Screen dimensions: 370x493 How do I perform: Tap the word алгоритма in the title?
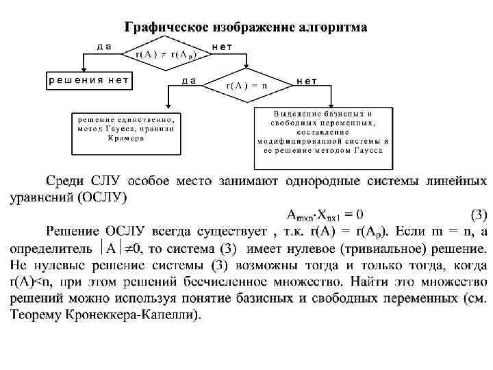pyautogui.click(x=332, y=27)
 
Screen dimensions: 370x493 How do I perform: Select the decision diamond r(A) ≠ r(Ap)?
pyautogui.click(x=164, y=54)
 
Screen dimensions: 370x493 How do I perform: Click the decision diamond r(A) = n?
pyautogui.click(x=246, y=86)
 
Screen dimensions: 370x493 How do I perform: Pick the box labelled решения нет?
pyautogui.click(x=88, y=80)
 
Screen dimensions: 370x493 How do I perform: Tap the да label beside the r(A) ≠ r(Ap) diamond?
pyautogui.click(x=104, y=46)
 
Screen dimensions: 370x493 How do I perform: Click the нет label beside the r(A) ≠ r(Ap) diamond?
pyautogui.click(x=222, y=46)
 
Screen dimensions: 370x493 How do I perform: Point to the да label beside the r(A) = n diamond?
pyautogui.click(x=189, y=79)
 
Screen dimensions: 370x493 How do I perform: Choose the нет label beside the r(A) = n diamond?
pyautogui.click(x=306, y=80)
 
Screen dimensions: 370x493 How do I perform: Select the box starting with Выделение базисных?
pyautogui.click(x=323, y=136)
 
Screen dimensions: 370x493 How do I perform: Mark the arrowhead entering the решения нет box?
pyautogui.click(x=82, y=69)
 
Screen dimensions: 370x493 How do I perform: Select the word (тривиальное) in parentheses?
pyautogui.click(x=383, y=247)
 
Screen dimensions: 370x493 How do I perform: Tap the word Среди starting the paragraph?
pyautogui.click(x=66, y=182)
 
